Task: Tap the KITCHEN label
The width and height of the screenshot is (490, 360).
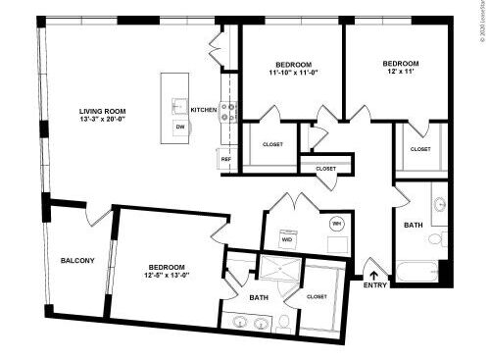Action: click(204, 110)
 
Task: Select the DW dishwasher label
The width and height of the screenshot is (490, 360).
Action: click(179, 128)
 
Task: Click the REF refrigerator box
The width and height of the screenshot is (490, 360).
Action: click(225, 158)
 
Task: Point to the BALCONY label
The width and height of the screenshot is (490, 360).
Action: click(77, 260)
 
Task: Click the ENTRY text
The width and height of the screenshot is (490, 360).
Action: click(374, 285)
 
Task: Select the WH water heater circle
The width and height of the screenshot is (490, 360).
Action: click(337, 223)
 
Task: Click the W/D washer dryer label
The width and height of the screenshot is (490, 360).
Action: click(287, 239)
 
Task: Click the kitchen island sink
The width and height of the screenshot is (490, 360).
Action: click(180, 107)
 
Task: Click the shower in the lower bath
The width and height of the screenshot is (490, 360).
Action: click(278, 268)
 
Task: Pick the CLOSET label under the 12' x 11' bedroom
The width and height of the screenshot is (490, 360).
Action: click(419, 148)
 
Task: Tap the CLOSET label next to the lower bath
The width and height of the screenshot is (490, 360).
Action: click(317, 295)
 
